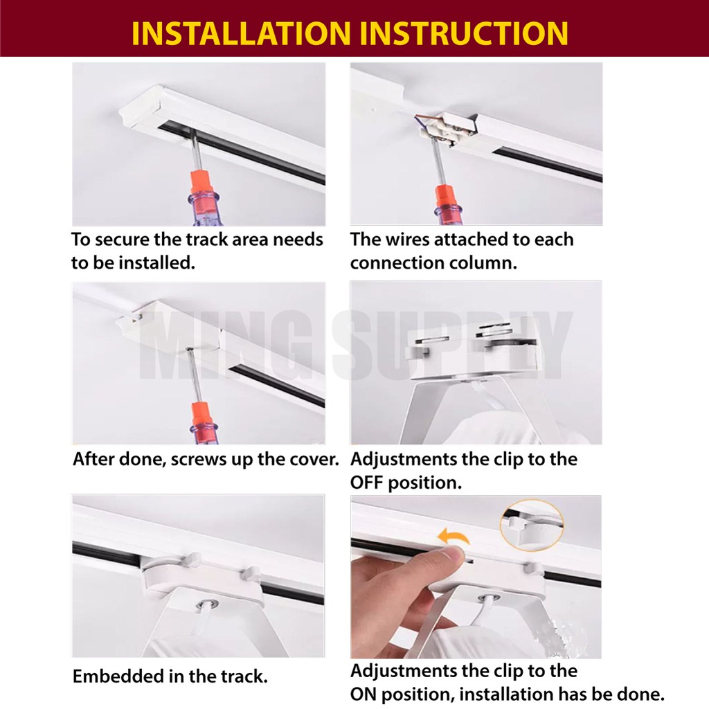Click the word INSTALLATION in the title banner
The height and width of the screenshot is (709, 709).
coord(241,33)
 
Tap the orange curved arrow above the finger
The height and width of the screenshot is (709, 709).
coord(454,536)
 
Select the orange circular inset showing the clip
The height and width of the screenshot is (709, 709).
coord(531,525)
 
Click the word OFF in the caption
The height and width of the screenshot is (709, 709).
coord(366,483)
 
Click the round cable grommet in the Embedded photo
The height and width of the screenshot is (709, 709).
coord(208,604)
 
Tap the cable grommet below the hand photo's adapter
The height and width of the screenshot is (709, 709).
coord(490,598)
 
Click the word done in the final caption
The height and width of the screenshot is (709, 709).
coord(642,694)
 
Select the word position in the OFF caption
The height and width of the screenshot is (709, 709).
coord(425,483)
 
